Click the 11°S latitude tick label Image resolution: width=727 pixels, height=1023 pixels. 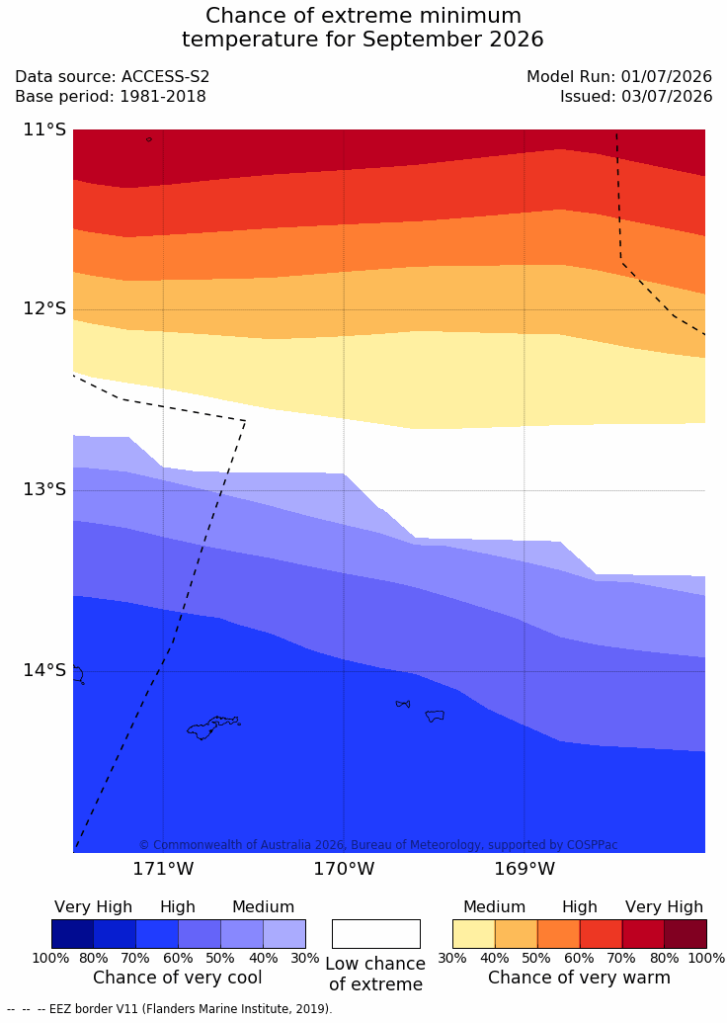click(45, 129)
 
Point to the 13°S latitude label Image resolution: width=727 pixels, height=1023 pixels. click(45, 489)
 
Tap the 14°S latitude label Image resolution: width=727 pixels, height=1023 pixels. click(45, 670)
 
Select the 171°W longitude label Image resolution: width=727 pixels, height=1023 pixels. click(163, 869)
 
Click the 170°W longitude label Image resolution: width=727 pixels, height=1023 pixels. click(344, 869)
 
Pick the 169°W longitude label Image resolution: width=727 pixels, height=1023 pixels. click(525, 869)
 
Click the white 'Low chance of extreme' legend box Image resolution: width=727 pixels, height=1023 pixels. click(376, 934)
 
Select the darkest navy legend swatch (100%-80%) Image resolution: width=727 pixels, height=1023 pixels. click(72, 934)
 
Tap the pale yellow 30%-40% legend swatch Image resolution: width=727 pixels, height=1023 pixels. click(473, 934)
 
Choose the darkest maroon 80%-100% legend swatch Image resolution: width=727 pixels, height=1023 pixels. click(686, 934)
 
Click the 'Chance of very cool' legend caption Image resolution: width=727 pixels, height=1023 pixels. click(178, 978)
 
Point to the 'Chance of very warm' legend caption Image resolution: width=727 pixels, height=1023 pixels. click(579, 978)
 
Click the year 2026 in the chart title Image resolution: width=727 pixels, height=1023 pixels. click(515, 40)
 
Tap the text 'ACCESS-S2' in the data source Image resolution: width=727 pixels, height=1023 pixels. click(165, 76)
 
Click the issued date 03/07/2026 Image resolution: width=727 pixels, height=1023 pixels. click(667, 97)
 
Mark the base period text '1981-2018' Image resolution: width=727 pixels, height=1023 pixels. click(162, 97)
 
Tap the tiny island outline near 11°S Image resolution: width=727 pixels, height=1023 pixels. click(149, 139)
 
